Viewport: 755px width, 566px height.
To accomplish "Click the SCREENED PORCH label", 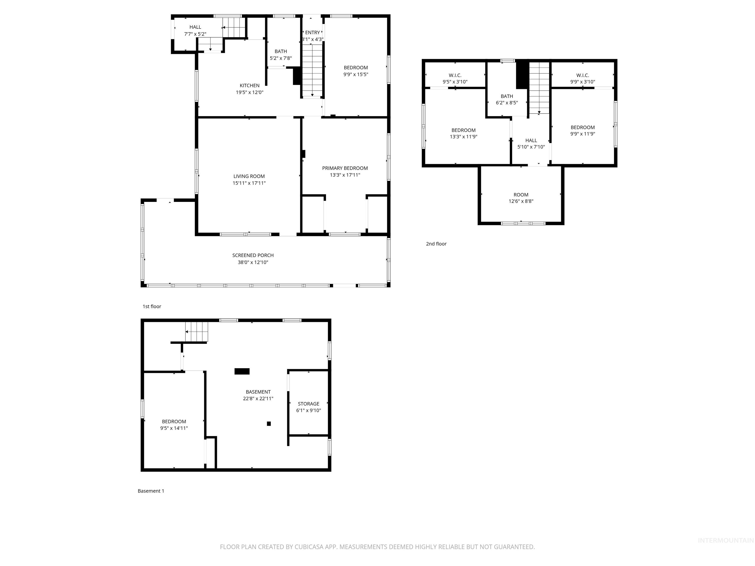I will [253, 255].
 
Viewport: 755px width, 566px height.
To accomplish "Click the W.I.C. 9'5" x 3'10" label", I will [455, 78].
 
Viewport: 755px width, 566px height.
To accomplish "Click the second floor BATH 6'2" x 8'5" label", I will [507, 99].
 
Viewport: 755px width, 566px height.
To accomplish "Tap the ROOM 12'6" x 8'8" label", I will [521, 198].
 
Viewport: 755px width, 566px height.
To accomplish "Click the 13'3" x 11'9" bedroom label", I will [463, 133].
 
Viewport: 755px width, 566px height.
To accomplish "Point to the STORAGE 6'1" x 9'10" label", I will [308, 407].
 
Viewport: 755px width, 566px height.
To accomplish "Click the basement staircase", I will [197, 331].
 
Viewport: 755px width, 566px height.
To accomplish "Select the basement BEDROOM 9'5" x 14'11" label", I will [174, 425].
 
